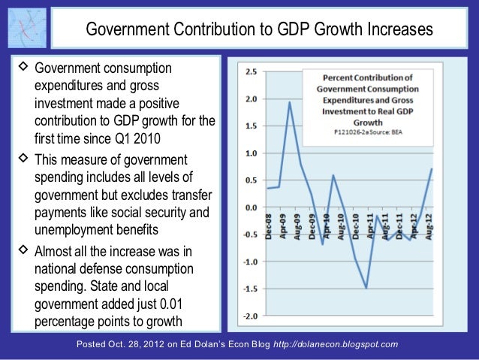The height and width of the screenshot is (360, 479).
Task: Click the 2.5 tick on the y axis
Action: point(252,72)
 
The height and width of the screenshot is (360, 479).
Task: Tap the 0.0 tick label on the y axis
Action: point(252,207)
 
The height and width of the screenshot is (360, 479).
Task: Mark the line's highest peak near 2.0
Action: point(290,101)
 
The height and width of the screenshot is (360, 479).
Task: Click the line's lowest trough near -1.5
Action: point(366,288)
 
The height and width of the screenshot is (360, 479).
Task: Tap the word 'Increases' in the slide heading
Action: point(400,29)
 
